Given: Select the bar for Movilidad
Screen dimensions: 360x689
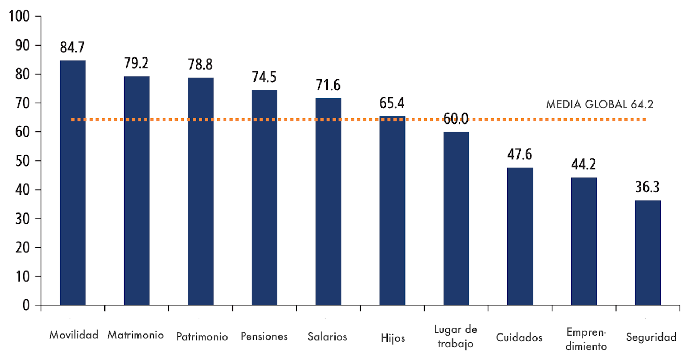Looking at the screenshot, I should tap(73, 183).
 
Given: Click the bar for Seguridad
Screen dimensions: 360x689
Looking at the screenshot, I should tap(648, 253).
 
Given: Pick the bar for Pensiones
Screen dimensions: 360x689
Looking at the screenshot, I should tap(264, 197).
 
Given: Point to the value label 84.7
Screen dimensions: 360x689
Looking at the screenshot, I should tap(72, 47).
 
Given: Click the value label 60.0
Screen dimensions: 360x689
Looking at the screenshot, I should tap(456, 119).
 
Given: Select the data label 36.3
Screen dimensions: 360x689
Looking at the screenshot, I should tap(647, 187).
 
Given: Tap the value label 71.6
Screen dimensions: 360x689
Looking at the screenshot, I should tap(328, 85).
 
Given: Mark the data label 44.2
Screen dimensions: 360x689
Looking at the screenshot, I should tap(583, 164).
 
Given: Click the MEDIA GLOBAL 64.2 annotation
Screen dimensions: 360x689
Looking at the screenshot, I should tap(599, 104).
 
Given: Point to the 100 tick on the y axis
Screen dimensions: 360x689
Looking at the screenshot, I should tap(19, 17).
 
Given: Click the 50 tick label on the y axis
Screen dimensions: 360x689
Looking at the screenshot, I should tap(22, 161).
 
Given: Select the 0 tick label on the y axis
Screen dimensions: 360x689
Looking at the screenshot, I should tap(26, 305).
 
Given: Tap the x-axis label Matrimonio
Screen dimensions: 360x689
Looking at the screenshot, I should tap(136, 335).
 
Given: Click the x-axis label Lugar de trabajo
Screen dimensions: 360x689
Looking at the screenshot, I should tap(455, 337).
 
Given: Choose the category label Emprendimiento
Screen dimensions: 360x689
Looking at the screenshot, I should tap(586, 339).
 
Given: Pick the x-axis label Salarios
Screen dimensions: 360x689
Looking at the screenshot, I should tap(327, 337).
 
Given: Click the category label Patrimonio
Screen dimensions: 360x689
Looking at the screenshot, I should tap(202, 337).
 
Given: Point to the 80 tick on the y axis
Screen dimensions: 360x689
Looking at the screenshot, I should tap(22, 74).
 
